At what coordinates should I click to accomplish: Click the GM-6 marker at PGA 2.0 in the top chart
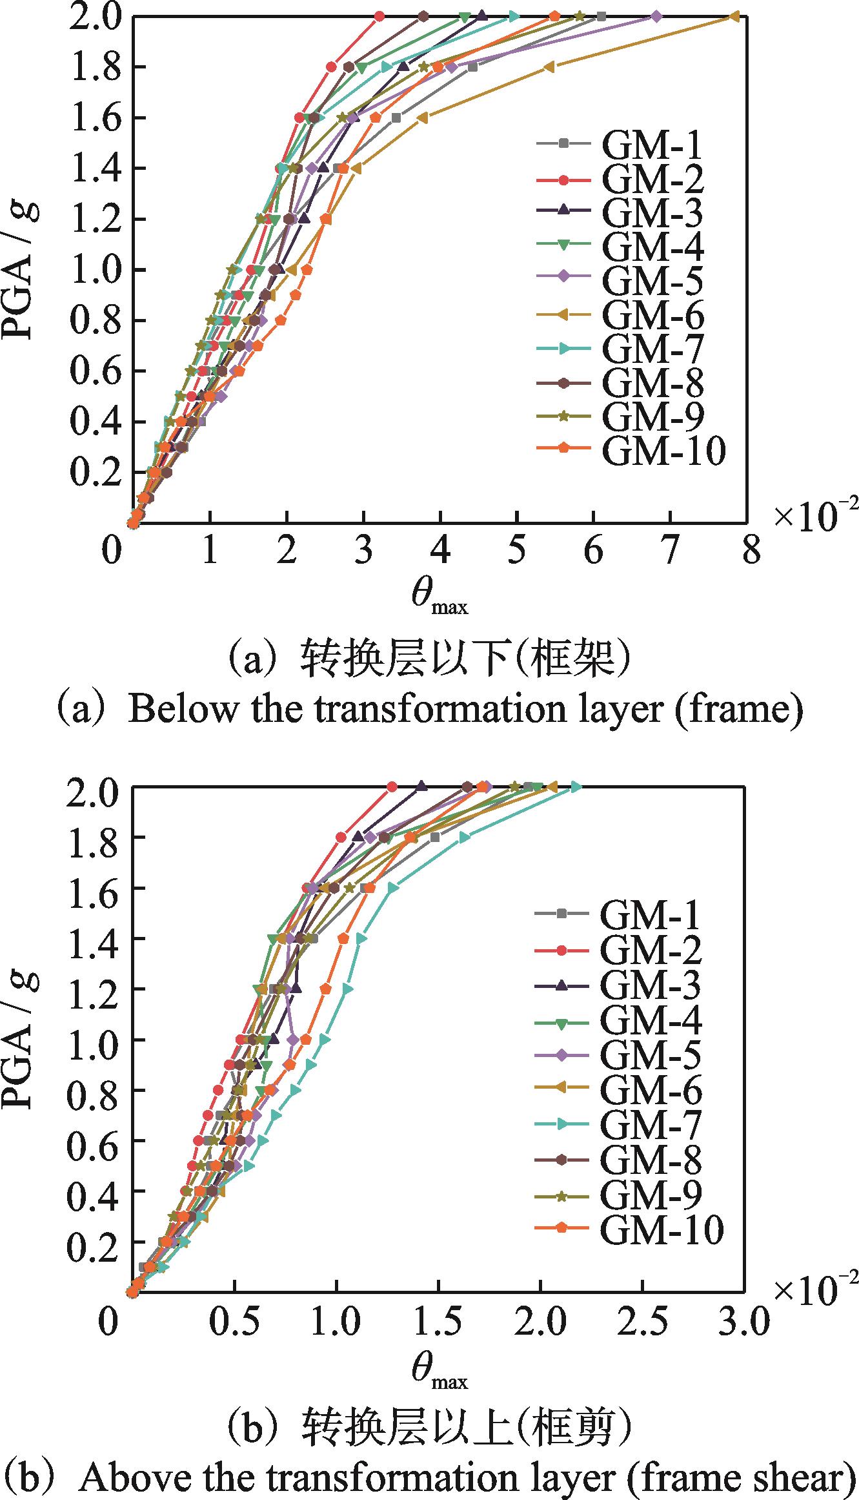[x=734, y=17]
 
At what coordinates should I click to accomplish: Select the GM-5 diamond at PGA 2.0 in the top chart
[x=656, y=17]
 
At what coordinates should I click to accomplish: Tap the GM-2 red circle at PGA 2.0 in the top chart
[x=379, y=17]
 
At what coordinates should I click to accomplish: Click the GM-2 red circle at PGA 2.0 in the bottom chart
[x=391, y=786]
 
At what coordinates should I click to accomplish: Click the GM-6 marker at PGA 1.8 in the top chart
[x=549, y=67]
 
